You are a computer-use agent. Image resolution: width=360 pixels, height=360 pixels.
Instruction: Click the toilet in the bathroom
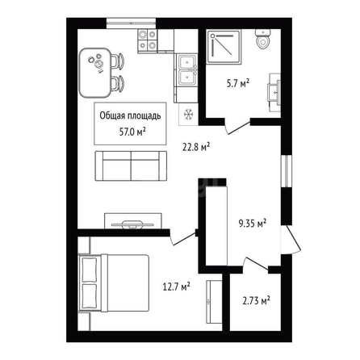point(263,39)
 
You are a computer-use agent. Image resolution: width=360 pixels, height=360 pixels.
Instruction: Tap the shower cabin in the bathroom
point(224,47)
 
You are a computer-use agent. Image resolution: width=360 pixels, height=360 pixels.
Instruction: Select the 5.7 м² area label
point(237,83)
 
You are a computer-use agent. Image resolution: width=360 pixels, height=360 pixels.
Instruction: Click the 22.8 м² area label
point(196,147)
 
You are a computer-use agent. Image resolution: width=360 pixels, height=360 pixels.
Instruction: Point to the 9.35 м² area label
point(253,223)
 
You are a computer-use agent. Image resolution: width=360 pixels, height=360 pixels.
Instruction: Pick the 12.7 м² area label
point(177,287)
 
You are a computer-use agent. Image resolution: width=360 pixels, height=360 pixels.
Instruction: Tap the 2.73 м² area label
point(257,300)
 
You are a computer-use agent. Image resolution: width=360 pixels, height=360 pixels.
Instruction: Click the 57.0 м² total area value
point(132,132)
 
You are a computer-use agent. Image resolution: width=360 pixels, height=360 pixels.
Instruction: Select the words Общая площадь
point(130,116)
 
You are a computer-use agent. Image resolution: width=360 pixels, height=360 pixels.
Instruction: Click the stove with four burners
point(148,40)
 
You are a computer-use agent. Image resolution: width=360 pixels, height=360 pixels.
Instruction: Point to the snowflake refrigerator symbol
point(188,115)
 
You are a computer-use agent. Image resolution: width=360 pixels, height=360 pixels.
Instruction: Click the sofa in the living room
point(131,165)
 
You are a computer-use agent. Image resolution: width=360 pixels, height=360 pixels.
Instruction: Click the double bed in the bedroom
point(113,283)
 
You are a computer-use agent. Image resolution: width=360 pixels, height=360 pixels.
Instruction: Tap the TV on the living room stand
point(132,224)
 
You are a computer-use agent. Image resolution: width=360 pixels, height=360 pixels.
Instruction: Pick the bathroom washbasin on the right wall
point(274,92)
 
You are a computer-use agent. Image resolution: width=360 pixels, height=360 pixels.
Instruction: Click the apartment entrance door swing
point(291,240)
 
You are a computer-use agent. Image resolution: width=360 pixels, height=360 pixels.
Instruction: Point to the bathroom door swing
point(237,127)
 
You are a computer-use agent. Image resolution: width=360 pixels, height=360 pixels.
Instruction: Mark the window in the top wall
point(131,23)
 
